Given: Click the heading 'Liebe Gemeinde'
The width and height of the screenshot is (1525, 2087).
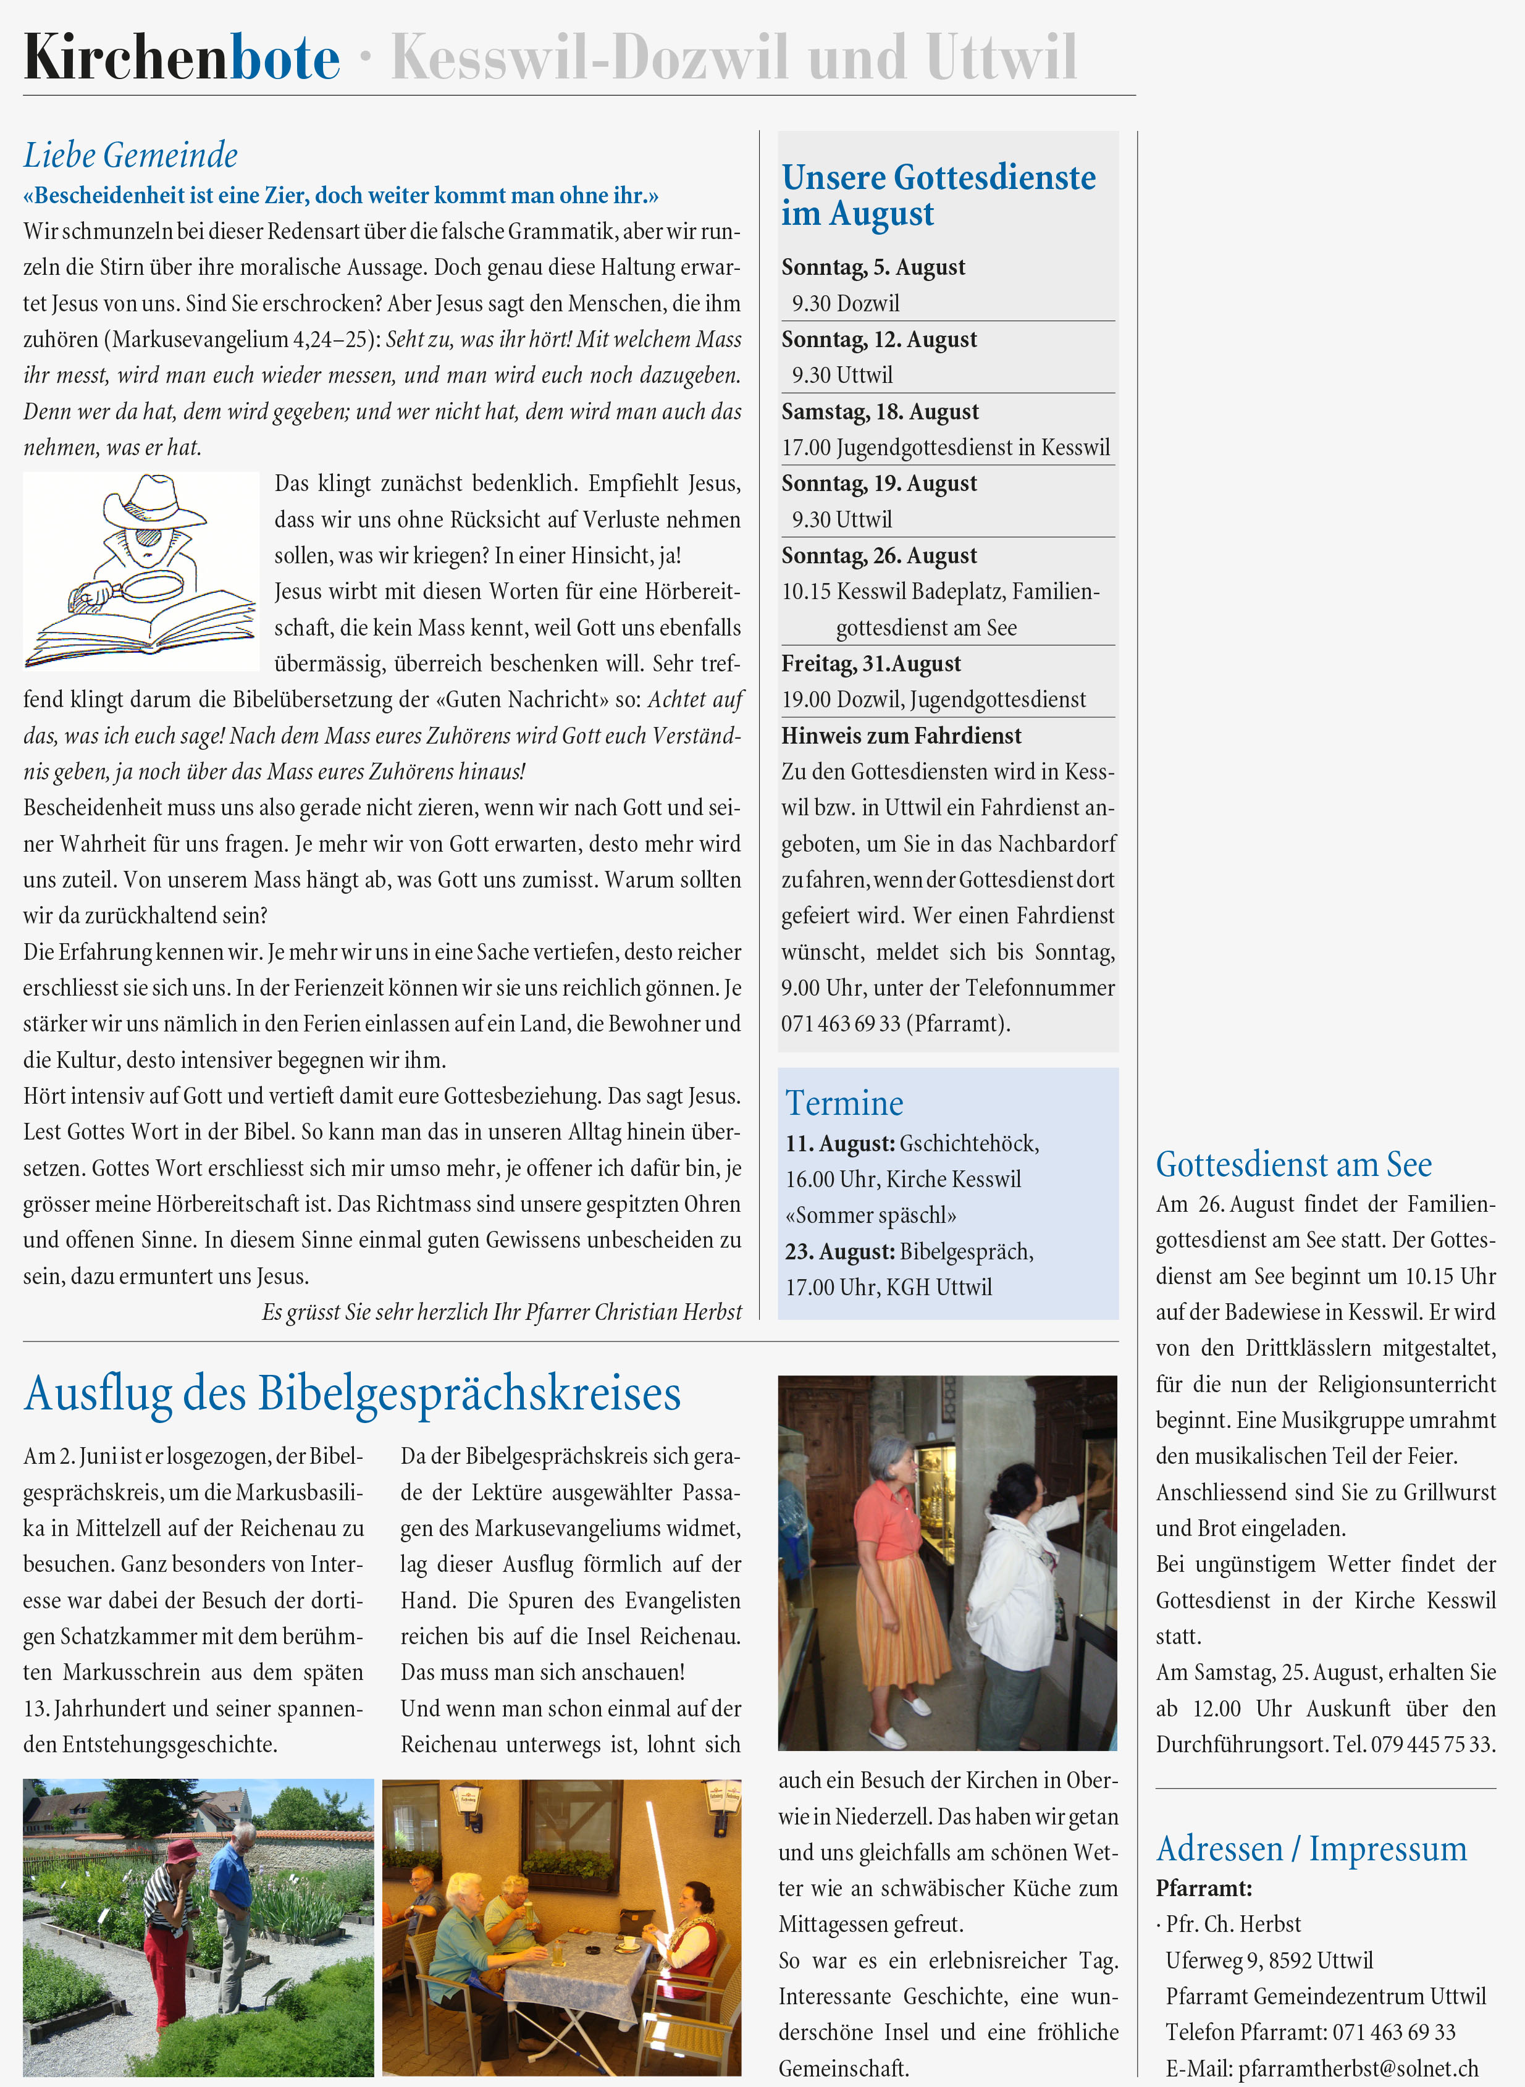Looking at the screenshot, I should pyautogui.click(x=130, y=155).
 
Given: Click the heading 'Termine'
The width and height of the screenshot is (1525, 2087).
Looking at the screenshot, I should pyautogui.click(x=844, y=1103).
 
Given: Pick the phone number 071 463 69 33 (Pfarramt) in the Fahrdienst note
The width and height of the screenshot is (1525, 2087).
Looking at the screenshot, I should pyautogui.click(x=894, y=1023).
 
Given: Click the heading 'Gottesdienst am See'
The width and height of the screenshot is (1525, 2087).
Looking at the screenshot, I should pyautogui.click(x=1293, y=1165).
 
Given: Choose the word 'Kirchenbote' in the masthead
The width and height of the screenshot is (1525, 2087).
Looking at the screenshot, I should pyautogui.click(x=182, y=57).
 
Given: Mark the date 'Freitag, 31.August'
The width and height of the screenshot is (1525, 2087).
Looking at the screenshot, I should pyautogui.click(x=870, y=664).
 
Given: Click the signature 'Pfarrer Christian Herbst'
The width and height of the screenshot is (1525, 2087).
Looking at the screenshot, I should pyautogui.click(x=632, y=1312).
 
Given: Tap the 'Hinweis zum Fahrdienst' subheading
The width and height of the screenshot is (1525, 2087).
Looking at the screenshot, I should pyautogui.click(x=901, y=736).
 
